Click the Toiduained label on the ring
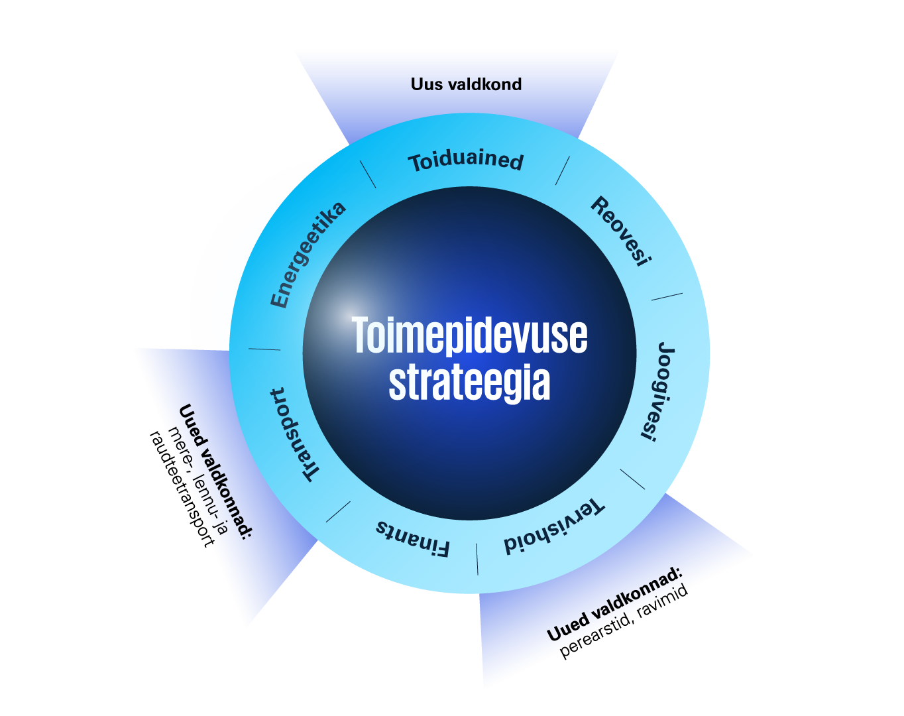[x=466, y=161]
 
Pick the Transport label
[x=294, y=434]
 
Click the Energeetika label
[x=308, y=255]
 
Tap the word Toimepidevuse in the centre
[x=469, y=335]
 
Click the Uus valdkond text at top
[x=466, y=84]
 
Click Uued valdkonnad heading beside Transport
[x=215, y=471]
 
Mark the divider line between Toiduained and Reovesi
[x=562, y=171]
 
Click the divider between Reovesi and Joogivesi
[x=666, y=296]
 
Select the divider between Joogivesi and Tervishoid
[x=632, y=479]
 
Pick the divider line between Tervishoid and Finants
[x=477, y=559]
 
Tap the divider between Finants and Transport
[x=338, y=511]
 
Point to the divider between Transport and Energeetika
[x=264, y=349]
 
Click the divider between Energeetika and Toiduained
[x=368, y=174]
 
